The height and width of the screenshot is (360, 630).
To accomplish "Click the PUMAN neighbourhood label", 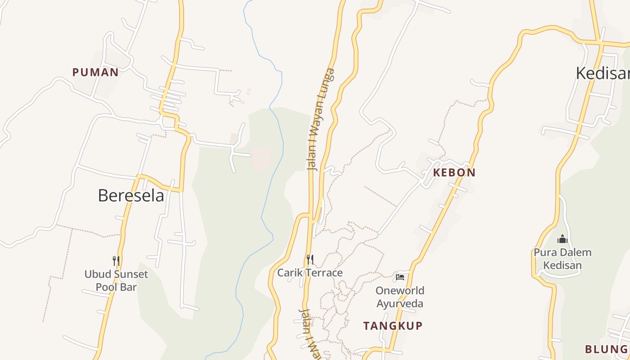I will tap(95, 72).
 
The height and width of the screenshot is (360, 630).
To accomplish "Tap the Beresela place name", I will tap(131, 196).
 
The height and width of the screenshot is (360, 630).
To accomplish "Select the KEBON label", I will tap(454, 172).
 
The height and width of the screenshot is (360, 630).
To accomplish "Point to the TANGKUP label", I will tap(393, 326).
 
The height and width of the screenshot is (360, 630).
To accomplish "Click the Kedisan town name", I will tap(603, 73).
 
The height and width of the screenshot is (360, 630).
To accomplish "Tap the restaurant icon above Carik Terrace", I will tap(310, 260).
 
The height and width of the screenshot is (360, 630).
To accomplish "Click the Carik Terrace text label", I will tap(310, 273).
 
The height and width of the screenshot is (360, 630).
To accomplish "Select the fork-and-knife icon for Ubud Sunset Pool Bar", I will tap(116, 261).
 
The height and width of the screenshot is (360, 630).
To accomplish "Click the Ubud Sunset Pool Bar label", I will tap(116, 280).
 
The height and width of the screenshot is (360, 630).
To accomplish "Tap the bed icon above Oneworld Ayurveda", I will tap(400, 277).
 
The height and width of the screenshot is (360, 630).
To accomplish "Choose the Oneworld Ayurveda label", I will tap(400, 297).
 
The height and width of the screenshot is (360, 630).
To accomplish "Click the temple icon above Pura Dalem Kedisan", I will tap(562, 239).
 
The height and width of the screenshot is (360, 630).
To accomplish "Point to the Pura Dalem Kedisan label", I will tap(562, 259).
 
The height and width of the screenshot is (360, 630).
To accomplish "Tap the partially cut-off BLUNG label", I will tap(606, 349).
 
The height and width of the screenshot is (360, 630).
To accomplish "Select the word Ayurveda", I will tap(400, 303).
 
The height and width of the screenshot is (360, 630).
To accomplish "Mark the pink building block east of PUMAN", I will tap(261, 159).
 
